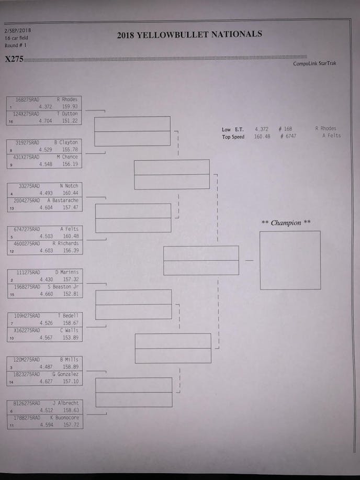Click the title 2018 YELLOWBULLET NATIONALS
(189, 35)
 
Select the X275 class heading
(14, 59)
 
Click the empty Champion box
(290, 260)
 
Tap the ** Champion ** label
(286, 223)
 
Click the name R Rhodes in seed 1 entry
(66, 99)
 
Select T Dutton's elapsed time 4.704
(46, 121)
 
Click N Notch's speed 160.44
(70, 193)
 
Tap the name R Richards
(65, 243)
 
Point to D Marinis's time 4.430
(46, 280)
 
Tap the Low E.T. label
(232, 129)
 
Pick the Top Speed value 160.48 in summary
(262, 137)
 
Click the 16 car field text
(17, 38)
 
